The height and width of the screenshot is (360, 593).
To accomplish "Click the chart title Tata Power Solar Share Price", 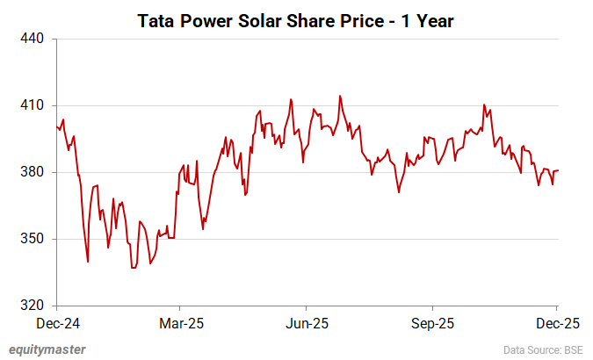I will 295,20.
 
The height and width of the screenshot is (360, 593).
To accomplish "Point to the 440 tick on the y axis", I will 33,39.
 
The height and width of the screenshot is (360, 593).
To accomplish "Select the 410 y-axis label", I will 33,105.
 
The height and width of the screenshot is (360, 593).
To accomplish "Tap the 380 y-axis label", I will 33,172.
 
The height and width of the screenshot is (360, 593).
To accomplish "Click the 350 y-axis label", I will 33,239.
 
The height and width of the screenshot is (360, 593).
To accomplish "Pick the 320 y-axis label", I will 33,306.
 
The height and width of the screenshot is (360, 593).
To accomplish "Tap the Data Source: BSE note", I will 544,350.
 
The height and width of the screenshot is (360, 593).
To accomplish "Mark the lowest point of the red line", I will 134,268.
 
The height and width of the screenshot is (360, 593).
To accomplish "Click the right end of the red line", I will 558,170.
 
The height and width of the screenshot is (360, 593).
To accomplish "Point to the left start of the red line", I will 57,126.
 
